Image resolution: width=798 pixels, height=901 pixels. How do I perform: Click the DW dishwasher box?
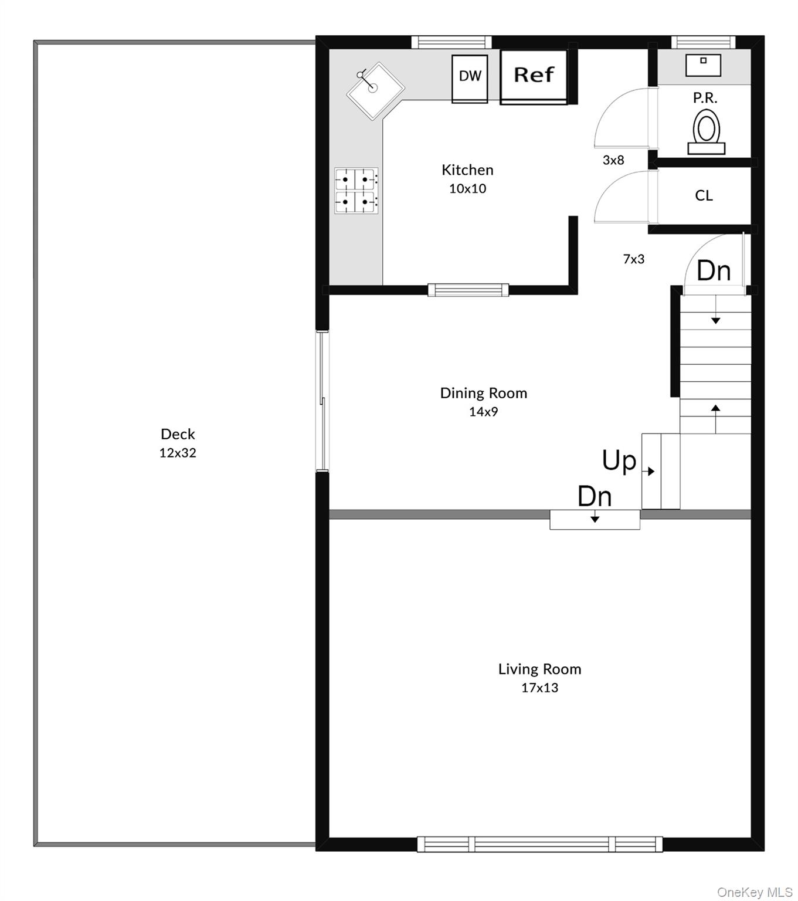click(470, 79)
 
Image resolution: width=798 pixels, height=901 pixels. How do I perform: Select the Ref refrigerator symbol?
click(534, 77)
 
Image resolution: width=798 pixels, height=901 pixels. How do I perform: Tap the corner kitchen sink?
click(375, 91)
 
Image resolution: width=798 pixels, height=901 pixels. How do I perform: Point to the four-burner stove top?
click(356, 191)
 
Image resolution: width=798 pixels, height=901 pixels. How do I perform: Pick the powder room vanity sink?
click(703, 65)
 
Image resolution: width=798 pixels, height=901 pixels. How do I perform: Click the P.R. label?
click(705, 98)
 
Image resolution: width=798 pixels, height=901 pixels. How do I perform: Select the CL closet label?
click(704, 195)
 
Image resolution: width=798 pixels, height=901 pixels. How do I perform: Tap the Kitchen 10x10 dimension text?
click(468, 188)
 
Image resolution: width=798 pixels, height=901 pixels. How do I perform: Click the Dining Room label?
click(484, 393)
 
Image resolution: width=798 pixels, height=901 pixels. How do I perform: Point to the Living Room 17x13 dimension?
click(539, 688)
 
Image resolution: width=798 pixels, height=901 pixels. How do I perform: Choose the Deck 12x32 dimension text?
click(178, 453)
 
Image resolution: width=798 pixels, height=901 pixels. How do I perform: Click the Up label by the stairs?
click(619, 460)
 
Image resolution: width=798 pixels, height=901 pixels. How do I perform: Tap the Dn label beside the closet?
click(714, 270)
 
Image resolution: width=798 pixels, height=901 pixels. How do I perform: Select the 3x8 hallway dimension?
click(613, 160)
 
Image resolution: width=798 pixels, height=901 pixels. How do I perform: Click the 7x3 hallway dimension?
click(634, 259)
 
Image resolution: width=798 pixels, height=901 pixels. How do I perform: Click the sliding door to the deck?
click(322, 401)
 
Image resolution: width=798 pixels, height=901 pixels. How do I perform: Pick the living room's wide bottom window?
click(539, 844)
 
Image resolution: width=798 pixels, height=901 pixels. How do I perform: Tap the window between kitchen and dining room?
click(468, 290)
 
